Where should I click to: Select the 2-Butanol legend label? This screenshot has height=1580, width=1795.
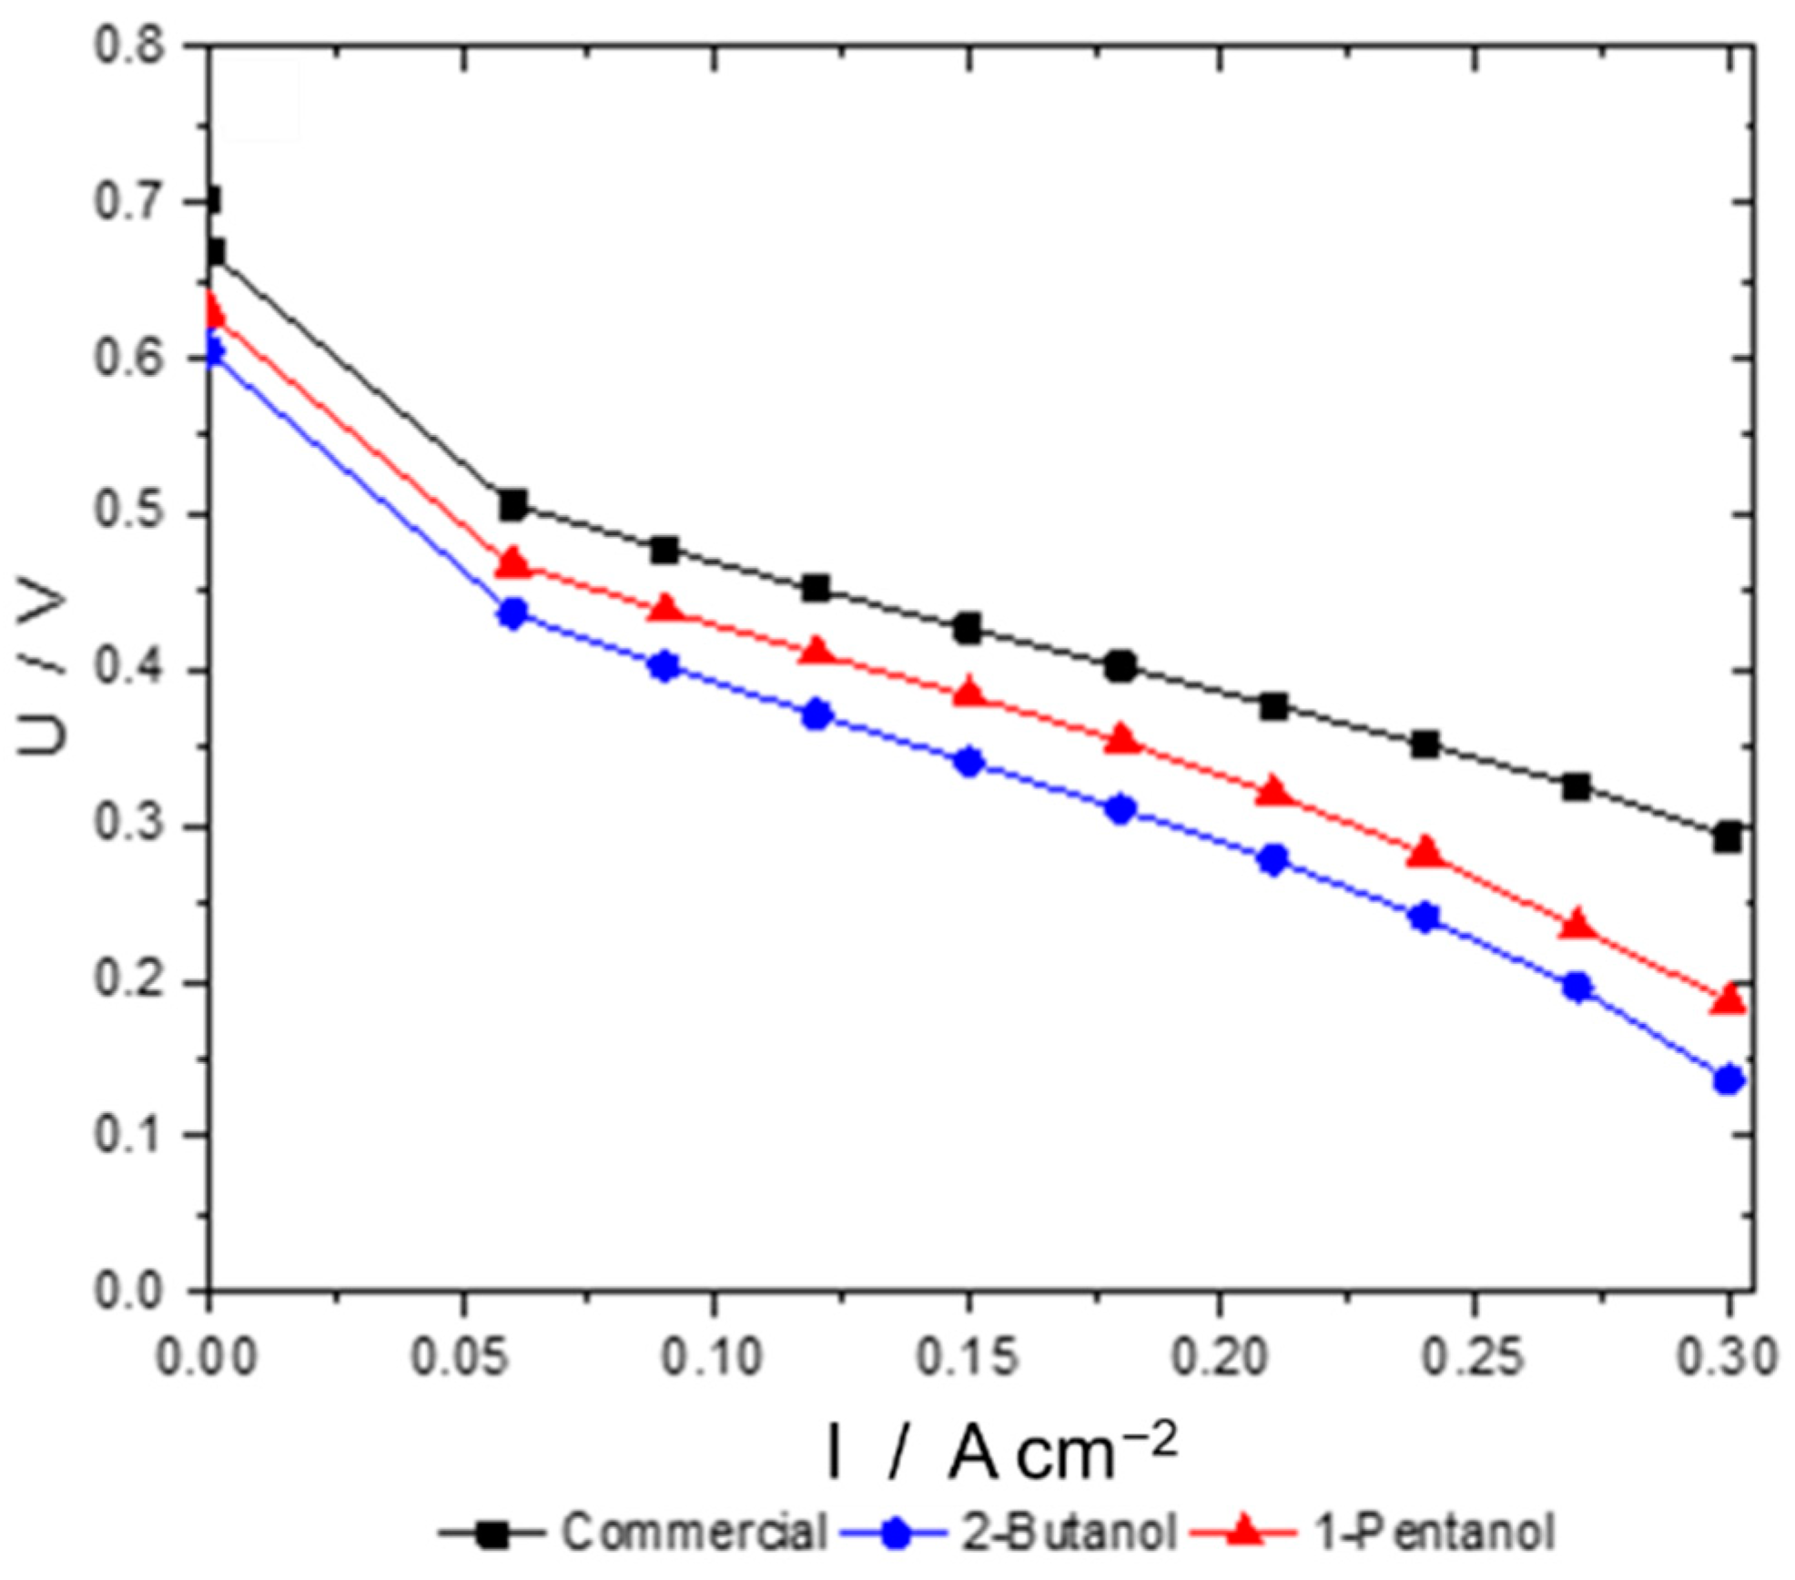pyautogui.click(x=1068, y=1533)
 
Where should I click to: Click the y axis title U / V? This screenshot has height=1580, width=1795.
pyautogui.click(x=44, y=669)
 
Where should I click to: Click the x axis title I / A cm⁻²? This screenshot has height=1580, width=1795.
pyautogui.click(x=1001, y=1453)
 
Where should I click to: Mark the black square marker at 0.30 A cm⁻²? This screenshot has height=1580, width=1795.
pyautogui.click(x=1727, y=837)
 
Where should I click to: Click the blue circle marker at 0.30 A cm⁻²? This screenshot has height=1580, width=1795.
pyautogui.click(x=1728, y=1080)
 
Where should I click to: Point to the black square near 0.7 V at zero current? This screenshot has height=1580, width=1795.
pyautogui.click(x=210, y=200)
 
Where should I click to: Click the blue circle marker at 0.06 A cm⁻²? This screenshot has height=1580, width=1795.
pyautogui.click(x=513, y=613)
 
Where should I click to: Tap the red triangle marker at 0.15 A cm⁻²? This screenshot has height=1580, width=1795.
pyautogui.click(x=969, y=694)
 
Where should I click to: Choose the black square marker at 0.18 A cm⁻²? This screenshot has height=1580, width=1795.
pyautogui.click(x=1121, y=666)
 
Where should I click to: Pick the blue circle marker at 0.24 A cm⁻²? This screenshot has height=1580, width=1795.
pyautogui.click(x=1425, y=917)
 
